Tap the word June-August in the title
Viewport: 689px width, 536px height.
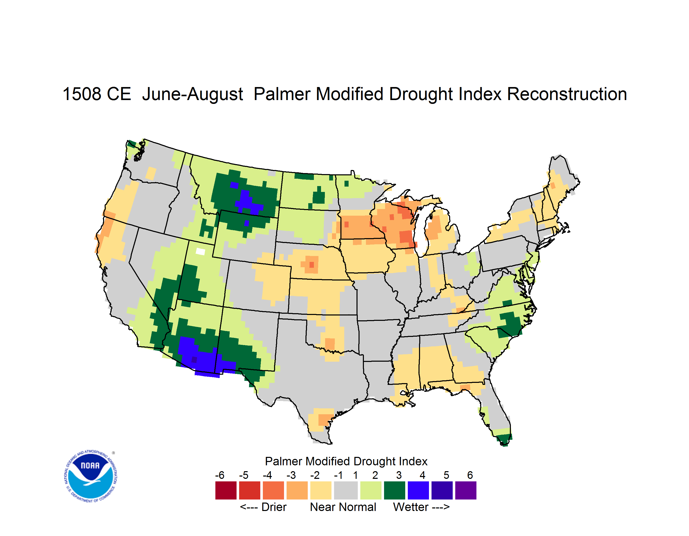192,94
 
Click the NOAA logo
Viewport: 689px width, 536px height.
91,476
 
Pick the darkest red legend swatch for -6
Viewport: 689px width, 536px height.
226,490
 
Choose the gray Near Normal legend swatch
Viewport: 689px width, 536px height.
346,490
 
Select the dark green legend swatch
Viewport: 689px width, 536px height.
394,490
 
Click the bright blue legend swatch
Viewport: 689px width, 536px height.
418,490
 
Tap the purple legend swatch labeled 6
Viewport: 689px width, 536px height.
466,490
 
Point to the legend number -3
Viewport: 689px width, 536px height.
291,475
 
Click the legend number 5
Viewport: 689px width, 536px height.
446,475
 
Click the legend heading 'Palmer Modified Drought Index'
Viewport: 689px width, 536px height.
346,461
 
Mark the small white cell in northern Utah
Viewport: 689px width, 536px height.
200,251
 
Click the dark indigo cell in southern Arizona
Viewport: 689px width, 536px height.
194,359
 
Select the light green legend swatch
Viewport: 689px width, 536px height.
371,490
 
